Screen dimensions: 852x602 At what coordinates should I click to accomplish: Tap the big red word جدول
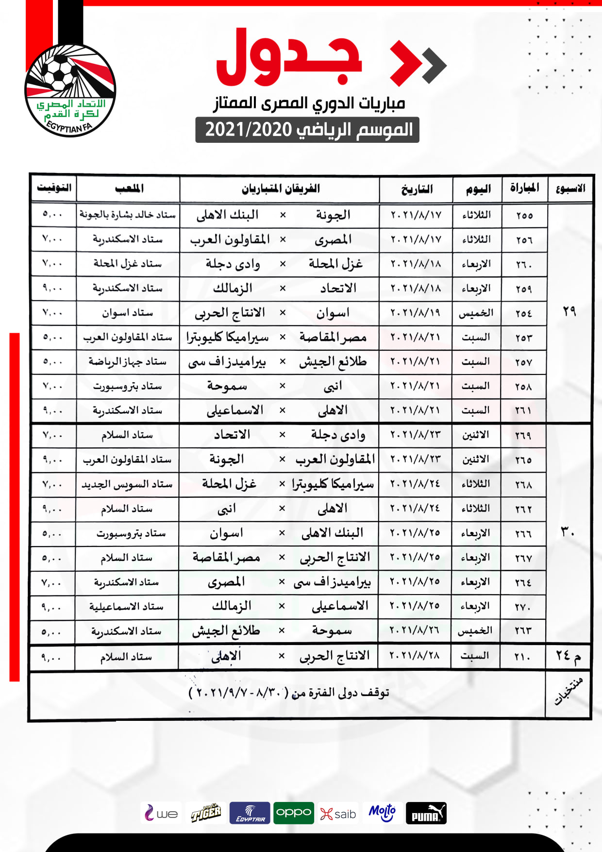[x=289, y=58]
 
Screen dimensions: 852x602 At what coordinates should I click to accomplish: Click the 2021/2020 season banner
[x=307, y=130]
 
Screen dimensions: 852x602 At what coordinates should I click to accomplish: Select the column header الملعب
[x=129, y=188]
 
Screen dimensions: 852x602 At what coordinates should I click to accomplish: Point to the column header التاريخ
[x=417, y=189]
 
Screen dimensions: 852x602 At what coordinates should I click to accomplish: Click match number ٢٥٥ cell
[x=524, y=215]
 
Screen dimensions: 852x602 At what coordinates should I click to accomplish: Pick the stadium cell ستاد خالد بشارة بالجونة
[x=128, y=215]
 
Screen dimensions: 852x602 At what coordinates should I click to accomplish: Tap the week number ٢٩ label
[x=569, y=311]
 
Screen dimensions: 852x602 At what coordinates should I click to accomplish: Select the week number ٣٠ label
[x=568, y=532]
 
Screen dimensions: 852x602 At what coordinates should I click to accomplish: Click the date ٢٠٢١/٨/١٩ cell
[x=416, y=313]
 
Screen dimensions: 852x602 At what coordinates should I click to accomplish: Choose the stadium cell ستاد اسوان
[x=127, y=313]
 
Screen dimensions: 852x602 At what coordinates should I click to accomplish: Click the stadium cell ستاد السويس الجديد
[x=127, y=484]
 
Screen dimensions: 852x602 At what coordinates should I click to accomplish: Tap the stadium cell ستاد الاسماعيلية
[x=126, y=607]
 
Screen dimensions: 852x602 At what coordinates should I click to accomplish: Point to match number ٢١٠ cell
[x=522, y=657]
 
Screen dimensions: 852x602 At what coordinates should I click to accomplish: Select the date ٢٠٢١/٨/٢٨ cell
[x=415, y=656]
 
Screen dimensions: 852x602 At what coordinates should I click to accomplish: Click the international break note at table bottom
[x=289, y=693]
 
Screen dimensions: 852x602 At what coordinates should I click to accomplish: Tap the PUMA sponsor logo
[x=426, y=813]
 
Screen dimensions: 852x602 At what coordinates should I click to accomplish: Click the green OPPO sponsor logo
[x=294, y=813]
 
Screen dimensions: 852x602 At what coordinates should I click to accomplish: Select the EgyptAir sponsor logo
[x=250, y=813]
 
